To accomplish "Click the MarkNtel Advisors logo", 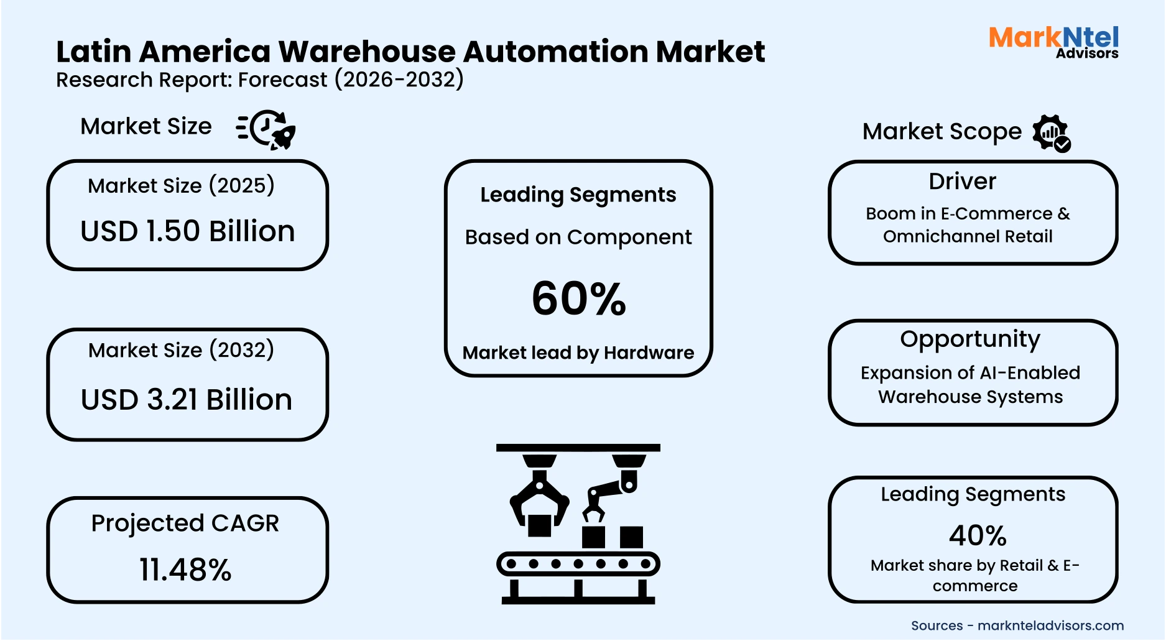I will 1053,42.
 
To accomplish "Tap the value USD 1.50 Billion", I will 187,231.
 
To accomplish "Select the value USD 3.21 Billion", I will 187,400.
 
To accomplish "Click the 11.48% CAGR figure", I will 185,570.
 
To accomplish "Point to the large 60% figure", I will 578,298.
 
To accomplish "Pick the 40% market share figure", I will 978,535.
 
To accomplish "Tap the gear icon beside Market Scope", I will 1051,132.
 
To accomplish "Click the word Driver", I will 962,182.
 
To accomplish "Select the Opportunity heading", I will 969,339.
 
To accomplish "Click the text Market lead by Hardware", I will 578,353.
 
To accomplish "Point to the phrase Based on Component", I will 578,237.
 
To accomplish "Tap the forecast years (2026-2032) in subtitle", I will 399,80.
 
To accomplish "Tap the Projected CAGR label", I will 185,523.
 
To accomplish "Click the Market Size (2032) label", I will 181,351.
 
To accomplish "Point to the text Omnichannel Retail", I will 968,237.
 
